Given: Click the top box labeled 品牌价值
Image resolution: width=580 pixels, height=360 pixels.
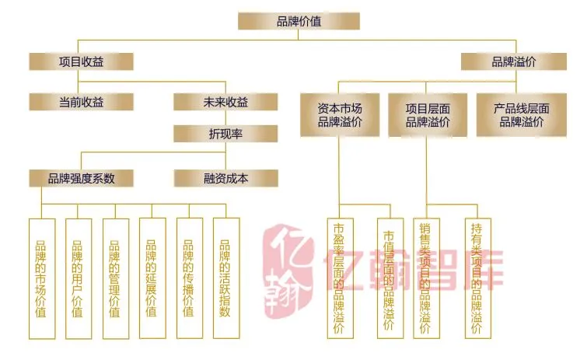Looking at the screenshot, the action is pos(299,21).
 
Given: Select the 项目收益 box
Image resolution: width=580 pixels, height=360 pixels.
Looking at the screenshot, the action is pos(81,61).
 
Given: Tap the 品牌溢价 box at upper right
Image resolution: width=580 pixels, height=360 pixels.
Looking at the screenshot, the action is pos(513,61).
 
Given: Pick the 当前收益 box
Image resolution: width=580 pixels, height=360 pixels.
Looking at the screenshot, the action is pos(81,102).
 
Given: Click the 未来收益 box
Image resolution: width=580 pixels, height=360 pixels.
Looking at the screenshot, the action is pos(225,102).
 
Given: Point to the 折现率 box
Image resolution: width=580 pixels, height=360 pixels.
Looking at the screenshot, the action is pos(225,134).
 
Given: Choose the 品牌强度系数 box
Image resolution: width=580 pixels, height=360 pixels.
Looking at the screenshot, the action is pos(81,178).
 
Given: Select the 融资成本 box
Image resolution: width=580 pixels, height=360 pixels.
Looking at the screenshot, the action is pos(225,178).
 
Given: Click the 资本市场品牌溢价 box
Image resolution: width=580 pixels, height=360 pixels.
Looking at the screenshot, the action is pos(340,115).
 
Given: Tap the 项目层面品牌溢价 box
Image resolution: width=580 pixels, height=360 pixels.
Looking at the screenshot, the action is pos(428,115).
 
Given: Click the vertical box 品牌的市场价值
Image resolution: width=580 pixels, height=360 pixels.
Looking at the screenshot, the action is pos(41,278).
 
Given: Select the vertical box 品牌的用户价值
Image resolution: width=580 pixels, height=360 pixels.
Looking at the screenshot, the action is pos(79,278).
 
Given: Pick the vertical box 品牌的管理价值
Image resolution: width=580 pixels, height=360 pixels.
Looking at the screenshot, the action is pos(115,278).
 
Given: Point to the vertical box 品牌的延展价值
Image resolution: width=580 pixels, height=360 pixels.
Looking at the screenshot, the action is pos(152,278).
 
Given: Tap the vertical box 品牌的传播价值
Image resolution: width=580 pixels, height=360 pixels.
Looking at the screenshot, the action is pos(189,278).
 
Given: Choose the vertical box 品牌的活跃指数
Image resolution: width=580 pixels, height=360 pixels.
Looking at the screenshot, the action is pos(225,278).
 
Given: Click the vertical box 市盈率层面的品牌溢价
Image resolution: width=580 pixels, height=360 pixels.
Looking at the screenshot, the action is pos(340,278).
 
